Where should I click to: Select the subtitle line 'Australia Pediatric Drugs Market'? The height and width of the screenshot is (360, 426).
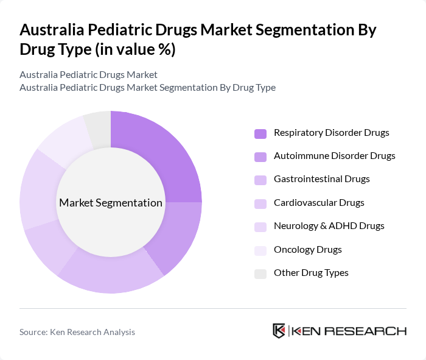click(x=88, y=74)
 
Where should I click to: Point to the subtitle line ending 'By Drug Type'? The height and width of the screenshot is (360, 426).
click(x=147, y=87)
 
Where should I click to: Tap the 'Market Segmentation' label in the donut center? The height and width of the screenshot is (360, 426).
click(x=111, y=202)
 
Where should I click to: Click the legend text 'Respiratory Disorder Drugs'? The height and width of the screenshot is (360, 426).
click(x=331, y=132)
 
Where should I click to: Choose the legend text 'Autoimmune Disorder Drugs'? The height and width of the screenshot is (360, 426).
click(x=334, y=155)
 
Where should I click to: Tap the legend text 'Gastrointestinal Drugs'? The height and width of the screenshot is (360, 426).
click(x=321, y=178)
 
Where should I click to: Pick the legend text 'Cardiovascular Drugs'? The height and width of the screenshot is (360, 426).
click(x=319, y=202)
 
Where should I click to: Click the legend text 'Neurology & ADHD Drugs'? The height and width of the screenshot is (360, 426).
click(x=329, y=225)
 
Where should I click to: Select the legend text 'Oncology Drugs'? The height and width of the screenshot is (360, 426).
click(x=307, y=249)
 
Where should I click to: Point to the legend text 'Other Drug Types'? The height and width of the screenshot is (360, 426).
click(x=311, y=272)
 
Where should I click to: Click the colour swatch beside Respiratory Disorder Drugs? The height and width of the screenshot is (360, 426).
click(x=260, y=133)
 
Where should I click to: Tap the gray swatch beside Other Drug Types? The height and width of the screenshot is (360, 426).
click(x=260, y=273)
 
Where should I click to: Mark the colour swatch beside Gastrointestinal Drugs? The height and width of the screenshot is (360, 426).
click(x=260, y=180)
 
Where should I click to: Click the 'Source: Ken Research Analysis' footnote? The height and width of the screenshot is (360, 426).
click(x=77, y=332)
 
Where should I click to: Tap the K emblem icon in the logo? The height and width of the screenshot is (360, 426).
click(x=279, y=331)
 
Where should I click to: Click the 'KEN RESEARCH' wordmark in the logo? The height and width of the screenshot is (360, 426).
click(x=349, y=331)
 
